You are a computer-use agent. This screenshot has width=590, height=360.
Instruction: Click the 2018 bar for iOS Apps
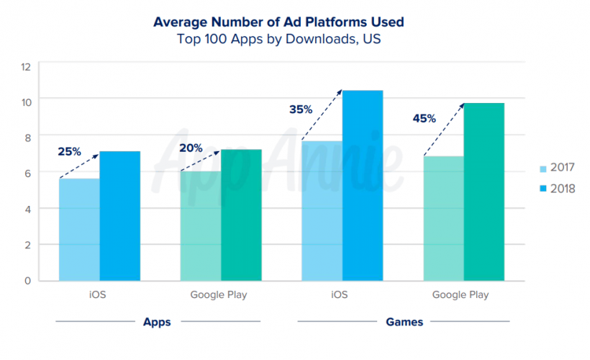119,215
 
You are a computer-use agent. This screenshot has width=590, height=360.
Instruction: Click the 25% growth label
70,152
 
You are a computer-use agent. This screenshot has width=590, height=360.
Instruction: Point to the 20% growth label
191,148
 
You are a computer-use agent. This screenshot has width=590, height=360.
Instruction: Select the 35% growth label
301,109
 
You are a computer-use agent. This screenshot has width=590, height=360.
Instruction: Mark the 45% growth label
424,118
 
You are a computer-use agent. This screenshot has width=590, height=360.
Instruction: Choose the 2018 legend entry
558,189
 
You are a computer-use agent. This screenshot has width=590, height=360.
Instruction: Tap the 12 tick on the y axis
26,67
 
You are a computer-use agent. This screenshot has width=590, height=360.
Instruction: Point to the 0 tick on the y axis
27,280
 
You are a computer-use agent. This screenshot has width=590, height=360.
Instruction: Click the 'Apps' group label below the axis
157,322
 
